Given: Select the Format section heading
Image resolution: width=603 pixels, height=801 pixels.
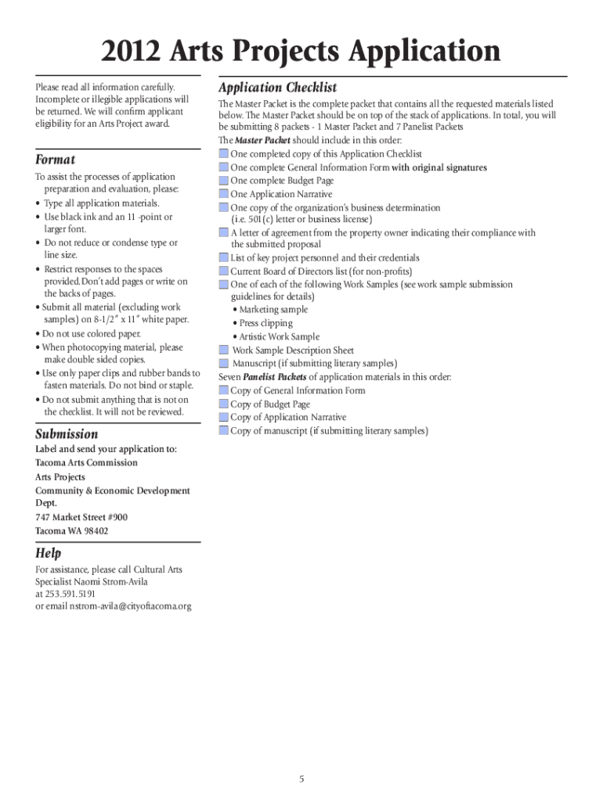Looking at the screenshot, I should pyautogui.click(x=56, y=160).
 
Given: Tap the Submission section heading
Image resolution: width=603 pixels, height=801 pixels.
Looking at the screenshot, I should pyautogui.click(x=67, y=433).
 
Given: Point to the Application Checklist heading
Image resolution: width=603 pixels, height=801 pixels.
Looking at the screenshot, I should pyautogui.click(x=278, y=88).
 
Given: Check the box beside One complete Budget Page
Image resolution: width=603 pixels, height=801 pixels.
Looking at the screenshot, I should pyautogui.click(x=224, y=181).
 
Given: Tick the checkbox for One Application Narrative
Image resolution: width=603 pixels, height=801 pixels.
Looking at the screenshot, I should pyautogui.click(x=224, y=194).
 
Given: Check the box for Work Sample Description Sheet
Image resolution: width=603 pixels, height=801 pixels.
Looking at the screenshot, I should pyautogui.click(x=224, y=350).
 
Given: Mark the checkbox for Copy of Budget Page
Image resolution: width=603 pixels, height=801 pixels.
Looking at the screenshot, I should pyautogui.click(x=224, y=404).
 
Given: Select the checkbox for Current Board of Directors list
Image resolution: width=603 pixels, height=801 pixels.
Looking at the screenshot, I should pyautogui.click(x=224, y=271).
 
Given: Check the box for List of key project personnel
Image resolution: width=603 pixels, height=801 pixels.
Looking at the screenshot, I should pyautogui.click(x=224, y=257).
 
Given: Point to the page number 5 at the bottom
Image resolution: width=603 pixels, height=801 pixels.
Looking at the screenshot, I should pyautogui.click(x=301, y=757).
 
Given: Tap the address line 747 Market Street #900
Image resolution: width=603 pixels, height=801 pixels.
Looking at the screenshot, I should pyautogui.click(x=81, y=517).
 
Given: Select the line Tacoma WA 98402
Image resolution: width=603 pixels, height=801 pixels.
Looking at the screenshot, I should pyautogui.click(x=71, y=531).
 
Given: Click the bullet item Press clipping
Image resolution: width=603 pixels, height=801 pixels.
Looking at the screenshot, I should pyautogui.click(x=265, y=323).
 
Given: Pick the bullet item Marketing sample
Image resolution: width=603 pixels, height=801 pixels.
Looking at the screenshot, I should pyautogui.click(x=273, y=310).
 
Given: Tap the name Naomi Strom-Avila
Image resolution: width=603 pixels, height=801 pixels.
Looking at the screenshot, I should pyautogui.click(x=114, y=582).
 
